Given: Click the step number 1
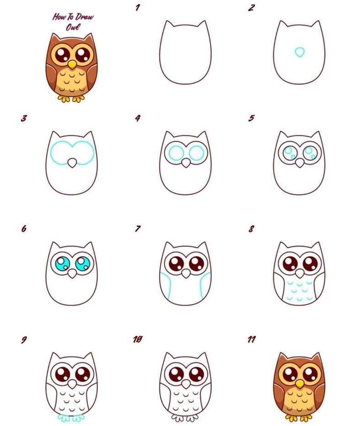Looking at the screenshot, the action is coord(138,8).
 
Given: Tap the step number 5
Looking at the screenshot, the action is coord(252,118).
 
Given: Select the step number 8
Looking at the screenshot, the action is coord(251,229).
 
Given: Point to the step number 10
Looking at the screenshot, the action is coord(138,340).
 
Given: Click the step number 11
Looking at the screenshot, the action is coord(252,340).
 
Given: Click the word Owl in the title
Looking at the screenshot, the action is coord(73,27).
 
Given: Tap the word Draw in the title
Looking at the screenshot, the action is coord(84,17).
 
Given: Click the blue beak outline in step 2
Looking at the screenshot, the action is coord(300,52).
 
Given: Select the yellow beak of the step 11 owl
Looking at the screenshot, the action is coord(299,383).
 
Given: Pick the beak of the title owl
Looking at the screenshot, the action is coord(72,64).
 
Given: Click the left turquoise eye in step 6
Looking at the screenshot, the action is coord(63,264).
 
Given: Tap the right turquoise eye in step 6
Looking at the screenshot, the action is coord(82,264).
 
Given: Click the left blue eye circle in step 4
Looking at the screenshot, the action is coord(176,153).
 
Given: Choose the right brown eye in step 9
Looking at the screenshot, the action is coord(83,374).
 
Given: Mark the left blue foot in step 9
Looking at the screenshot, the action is coord(64,418).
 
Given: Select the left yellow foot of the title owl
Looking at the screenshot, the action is coord(64,99).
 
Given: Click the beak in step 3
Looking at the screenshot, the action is coord(72,163).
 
